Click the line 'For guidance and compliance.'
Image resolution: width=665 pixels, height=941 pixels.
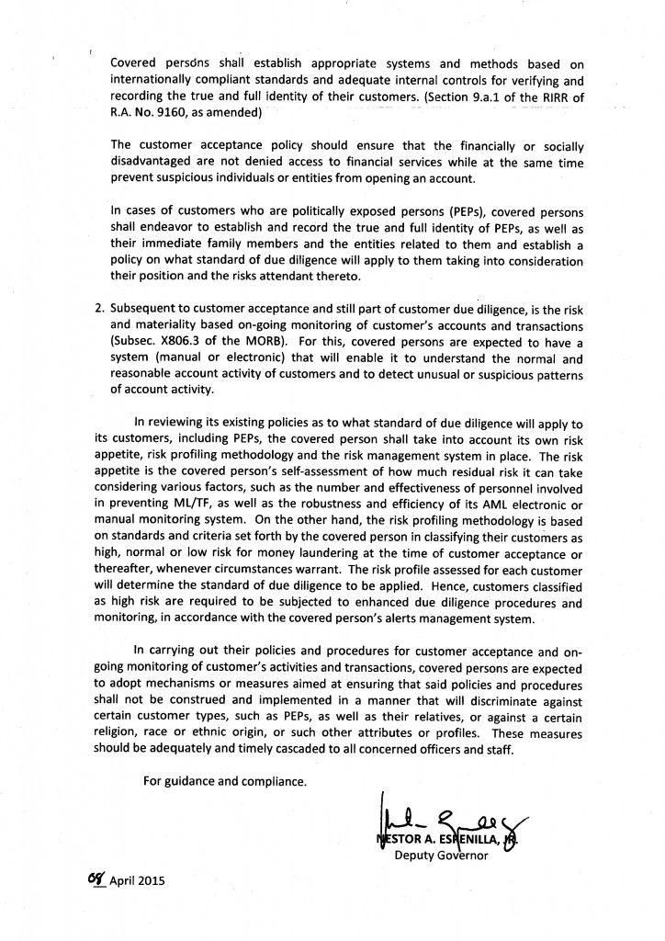pos(225,781)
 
